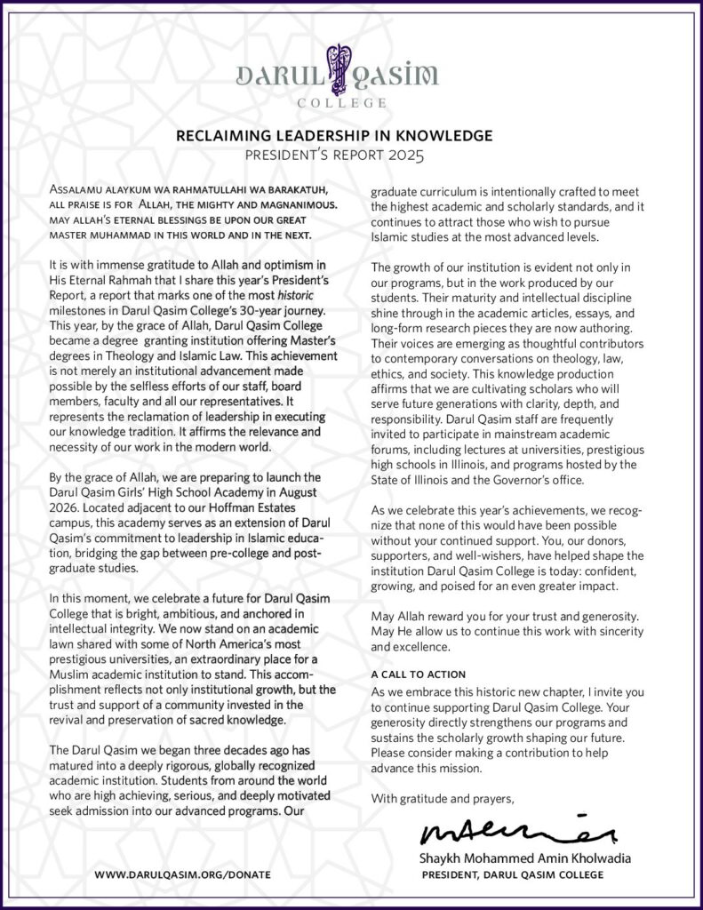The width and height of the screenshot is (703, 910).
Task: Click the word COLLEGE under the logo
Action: pyautogui.click(x=351, y=103)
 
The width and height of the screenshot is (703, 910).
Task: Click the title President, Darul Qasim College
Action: pyautogui.click(x=513, y=875)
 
